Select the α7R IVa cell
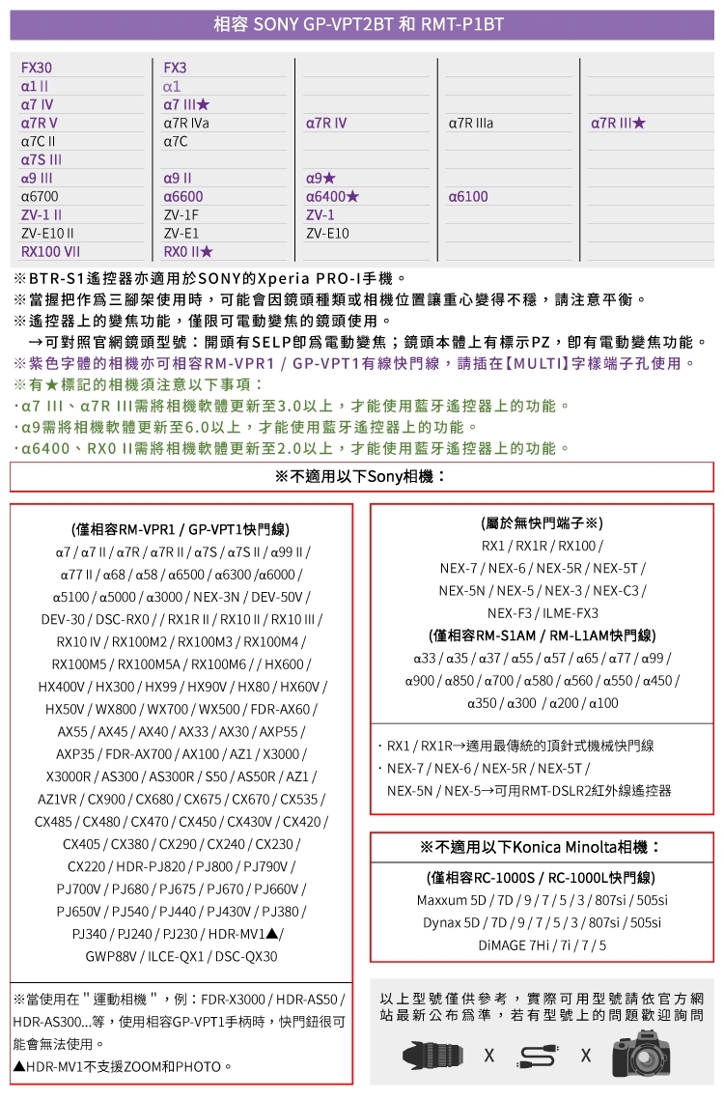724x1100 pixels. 186,124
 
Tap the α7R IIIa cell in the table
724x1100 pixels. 471,124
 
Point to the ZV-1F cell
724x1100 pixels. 181,215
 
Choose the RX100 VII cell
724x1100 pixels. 50,252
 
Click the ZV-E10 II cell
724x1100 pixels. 48,234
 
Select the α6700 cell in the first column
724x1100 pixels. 40,197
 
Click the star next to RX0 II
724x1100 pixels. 205,252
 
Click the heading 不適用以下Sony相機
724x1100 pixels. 362,477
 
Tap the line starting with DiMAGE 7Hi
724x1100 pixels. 542,945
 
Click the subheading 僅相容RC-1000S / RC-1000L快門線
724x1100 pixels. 541,878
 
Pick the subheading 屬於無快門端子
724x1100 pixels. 542,523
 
